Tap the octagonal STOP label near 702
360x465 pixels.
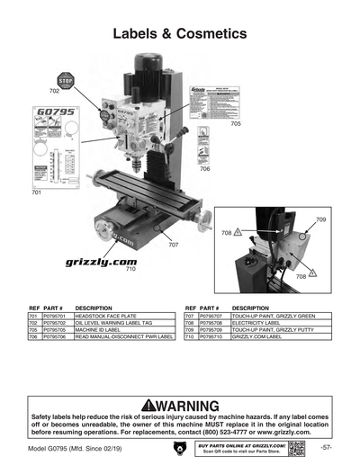click(65, 80)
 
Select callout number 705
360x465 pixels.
click(236, 122)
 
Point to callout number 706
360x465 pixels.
click(205, 169)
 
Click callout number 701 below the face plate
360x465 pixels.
click(36, 192)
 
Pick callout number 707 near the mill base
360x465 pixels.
click(173, 244)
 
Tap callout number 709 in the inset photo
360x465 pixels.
click(320, 219)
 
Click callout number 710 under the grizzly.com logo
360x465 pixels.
click(130, 269)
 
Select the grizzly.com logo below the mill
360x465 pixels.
click(101, 262)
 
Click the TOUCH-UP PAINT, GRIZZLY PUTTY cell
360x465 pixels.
click(267, 330)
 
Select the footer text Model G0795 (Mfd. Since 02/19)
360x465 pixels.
click(76, 448)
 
